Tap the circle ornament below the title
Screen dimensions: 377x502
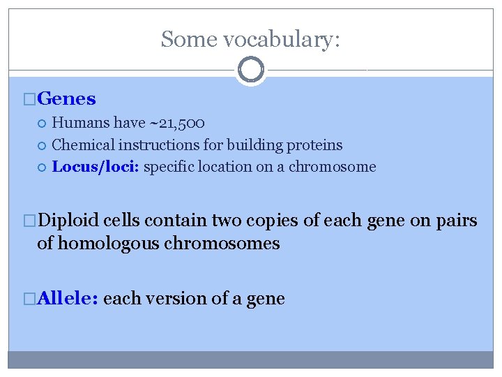click(251, 69)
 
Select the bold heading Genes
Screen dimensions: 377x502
click(67, 99)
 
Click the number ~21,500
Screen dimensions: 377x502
click(176, 124)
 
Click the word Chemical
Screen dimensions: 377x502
click(84, 145)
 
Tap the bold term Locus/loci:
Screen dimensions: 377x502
click(96, 167)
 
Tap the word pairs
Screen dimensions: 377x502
click(456, 221)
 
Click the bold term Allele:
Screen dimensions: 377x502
click(68, 299)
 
